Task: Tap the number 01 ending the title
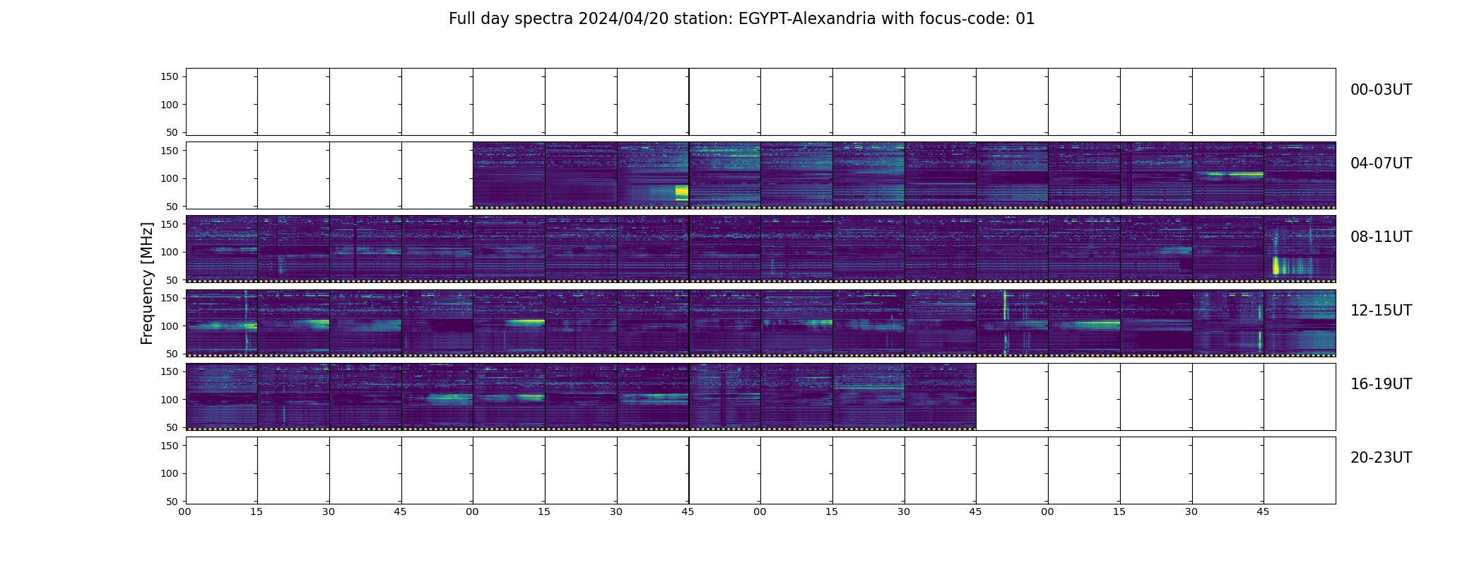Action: [x=1025, y=19]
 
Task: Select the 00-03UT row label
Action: [x=1381, y=90]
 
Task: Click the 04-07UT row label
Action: [x=1381, y=163]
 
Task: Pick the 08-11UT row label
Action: [x=1381, y=237]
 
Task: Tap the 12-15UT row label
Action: [x=1381, y=311]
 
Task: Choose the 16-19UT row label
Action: [x=1381, y=384]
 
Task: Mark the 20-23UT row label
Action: [x=1381, y=458]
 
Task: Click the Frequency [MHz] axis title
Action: [x=147, y=283]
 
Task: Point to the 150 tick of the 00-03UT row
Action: [x=170, y=76]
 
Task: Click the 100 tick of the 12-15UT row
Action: [x=170, y=326]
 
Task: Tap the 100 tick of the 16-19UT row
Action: [x=170, y=400]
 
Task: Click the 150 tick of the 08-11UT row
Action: [x=170, y=224]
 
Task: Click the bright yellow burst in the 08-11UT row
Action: [x=1276, y=265]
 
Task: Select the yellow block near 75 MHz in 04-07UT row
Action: [x=681, y=191]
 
